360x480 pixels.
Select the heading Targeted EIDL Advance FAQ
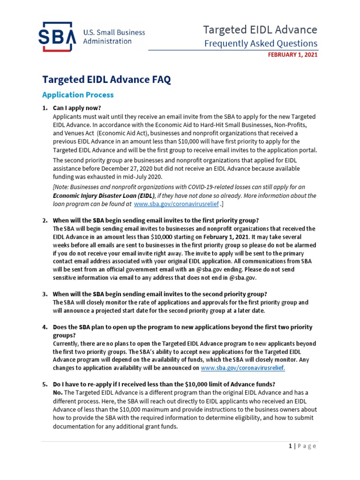point(106,80)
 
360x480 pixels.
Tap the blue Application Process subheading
point(78,95)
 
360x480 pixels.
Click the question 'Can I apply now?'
point(77,108)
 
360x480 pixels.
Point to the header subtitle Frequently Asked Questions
point(261,44)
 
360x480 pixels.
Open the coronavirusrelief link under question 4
point(242,368)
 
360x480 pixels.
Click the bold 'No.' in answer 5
point(58,392)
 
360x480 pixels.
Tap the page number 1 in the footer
point(290,446)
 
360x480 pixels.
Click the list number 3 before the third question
point(45,294)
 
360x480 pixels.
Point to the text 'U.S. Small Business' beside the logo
point(114,33)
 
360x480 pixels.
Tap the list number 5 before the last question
point(45,384)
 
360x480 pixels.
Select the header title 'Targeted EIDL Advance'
point(260,30)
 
